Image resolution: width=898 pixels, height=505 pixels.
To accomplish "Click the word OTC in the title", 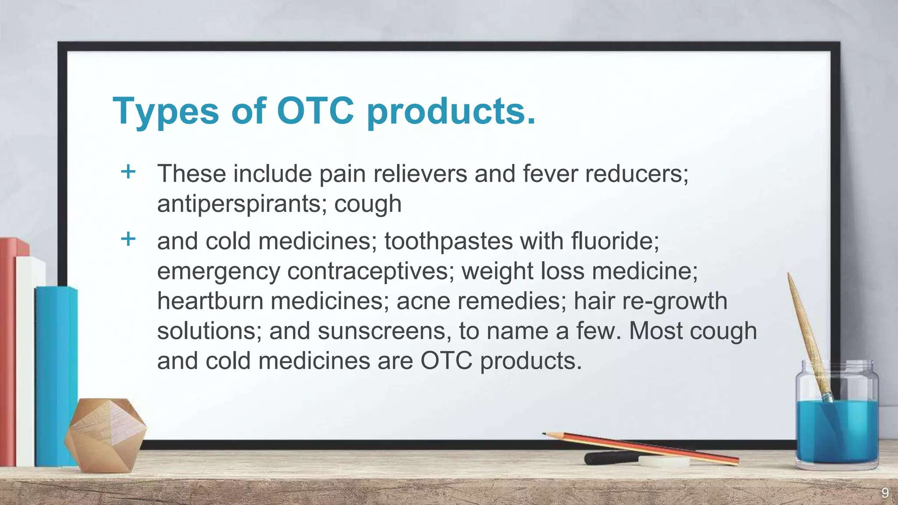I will point(315,110).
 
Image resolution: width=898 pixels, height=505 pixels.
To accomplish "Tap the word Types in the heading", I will point(165,111).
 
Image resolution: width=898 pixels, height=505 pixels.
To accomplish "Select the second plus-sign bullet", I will point(128,239).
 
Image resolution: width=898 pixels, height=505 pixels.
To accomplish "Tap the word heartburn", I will point(210,301).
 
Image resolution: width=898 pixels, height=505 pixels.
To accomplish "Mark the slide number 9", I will point(885,493).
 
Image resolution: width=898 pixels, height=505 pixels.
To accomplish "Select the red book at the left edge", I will point(8,351).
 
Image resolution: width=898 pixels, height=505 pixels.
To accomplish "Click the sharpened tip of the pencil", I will point(545,434).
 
